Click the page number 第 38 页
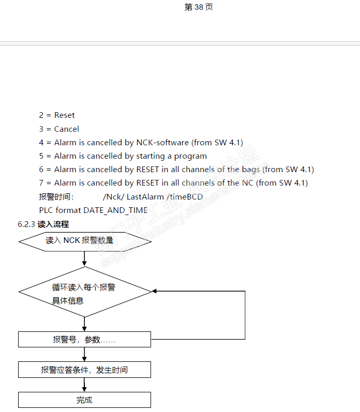point(199,7)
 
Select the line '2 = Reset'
point(57,115)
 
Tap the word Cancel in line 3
point(67,129)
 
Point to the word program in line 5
point(190,156)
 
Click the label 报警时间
point(56,196)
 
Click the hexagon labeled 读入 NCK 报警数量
point(84,241)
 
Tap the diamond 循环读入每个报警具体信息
point(84,292)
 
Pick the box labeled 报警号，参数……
point(84,340)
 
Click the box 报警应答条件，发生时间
point(84,370)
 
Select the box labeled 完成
point(84,400)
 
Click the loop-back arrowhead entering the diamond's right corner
point(155,292)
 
